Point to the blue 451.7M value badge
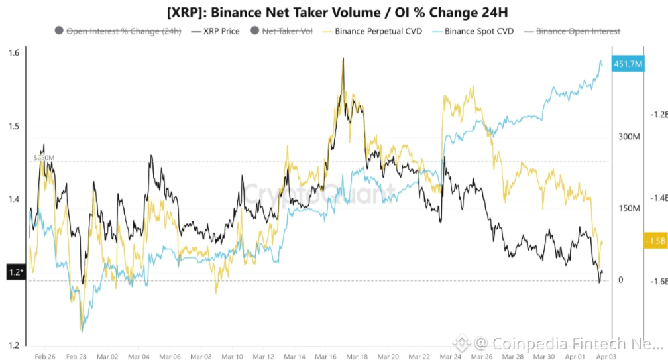tap(627, 64)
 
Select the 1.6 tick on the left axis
tap(14, 53)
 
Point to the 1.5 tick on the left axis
tap(14, 127)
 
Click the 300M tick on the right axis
tap(629, 137)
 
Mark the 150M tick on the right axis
tap(629, 209)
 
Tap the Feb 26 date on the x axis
tap(44, 356)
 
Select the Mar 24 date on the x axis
tap(451, 356)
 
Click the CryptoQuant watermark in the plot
tap(318, 194)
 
